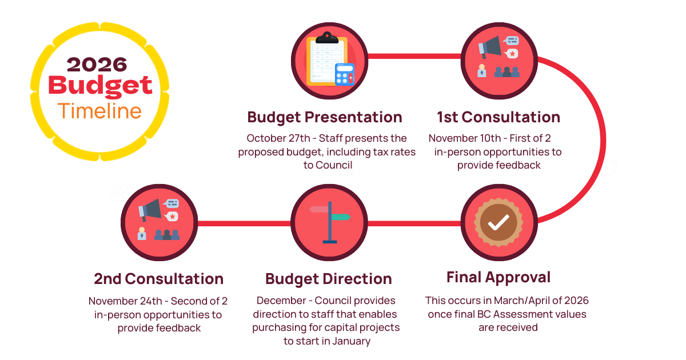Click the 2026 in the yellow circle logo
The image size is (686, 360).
coord(97,65)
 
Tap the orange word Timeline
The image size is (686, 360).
coord(99,111)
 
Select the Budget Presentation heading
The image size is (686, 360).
coord(325,118)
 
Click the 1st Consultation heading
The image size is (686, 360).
coord(498,117)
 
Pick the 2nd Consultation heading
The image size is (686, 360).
coord(159,279)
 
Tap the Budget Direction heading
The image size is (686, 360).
coord(329,279)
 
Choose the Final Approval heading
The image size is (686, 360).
coord(498,278)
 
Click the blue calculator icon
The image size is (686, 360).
coord(345,74)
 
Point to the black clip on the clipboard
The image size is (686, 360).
coord(327,39)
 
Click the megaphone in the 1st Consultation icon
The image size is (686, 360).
coord(490,47)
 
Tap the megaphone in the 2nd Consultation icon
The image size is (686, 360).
coord(150,210)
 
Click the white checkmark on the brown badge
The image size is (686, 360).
coord(498,222)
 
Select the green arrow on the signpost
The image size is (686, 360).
coord(341,217)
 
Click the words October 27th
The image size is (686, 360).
coord(278,138)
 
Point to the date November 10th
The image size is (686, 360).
coord(465,138)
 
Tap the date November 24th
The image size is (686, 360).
coord(125,301)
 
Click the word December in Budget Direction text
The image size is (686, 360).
coord(281,301)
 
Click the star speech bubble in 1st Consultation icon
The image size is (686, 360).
coord(512,54)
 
